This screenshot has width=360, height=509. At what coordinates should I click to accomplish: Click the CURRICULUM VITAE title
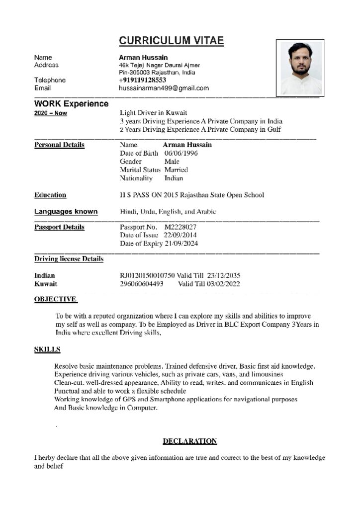pyautogui.click(x=171, y=41)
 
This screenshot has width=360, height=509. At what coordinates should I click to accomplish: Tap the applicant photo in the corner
pyautogui.click(x=300, y=68)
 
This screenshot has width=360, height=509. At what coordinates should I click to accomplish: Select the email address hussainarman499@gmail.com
pyautogui.click(x=164, y=88)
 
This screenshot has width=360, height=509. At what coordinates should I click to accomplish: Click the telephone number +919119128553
pyautogui.click(x=142, y=80)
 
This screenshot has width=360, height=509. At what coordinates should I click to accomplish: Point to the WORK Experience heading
pyautogui.click(x=71, y=104)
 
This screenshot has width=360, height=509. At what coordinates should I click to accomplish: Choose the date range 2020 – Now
pyautogui.click(x=51, y=113)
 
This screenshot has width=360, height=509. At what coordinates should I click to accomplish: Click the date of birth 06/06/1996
pyautogui.click(x=181, y=153)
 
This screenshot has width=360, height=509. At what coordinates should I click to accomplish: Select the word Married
pyautogui.click(x=176, y=170)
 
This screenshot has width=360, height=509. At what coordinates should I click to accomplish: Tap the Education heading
pyautogui.click(x=50, y=195)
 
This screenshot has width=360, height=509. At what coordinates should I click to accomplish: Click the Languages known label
pyautogui.click(x=66, y=212)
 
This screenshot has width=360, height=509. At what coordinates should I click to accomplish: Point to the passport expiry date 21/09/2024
pyautogui.click(x=181, y=244)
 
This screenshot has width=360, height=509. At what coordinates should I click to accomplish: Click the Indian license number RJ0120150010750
pyautogui.click(x=147, y=275)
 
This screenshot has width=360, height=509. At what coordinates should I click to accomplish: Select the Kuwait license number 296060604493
pyautogui.click(x=142, y=284)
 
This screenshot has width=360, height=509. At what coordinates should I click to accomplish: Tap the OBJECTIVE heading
pyautogui.click(x=55, y=299)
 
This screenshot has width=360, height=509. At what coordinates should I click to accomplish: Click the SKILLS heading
pyautogui.click(x=47, y=350)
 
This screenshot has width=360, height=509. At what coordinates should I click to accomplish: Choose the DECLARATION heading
pyautogui.click(x=190, y=441)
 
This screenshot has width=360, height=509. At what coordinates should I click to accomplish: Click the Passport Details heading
pyautogui.click(x=59, y=227)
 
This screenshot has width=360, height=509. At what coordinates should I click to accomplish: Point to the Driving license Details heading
pyautogui.click(x=69, y=259)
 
